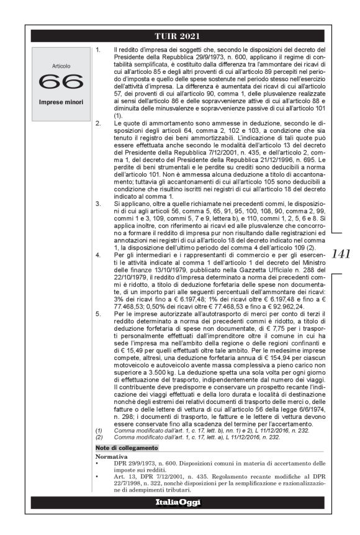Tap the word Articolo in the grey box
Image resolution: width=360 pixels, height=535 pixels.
[62, 65]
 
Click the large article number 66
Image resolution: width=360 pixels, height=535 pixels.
[62, 81]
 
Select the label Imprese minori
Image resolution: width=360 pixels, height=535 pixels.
[62, 101]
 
